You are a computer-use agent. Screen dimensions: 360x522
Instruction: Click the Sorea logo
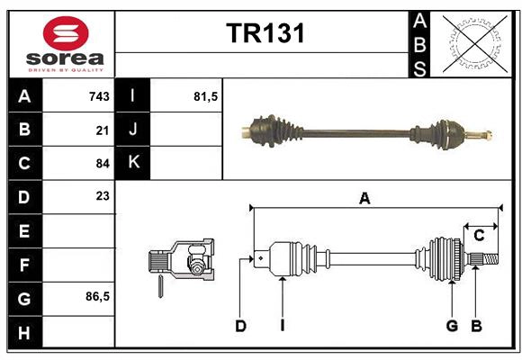coord(66,44)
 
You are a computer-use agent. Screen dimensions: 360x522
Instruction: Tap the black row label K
coord(134,163)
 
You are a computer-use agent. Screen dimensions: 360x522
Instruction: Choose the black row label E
coord(24,231)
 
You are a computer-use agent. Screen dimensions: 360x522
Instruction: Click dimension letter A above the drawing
coord(364,199)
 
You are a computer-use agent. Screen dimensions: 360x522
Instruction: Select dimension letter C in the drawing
coord(479,235)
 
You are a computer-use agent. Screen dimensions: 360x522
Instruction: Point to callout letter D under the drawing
coord(241,326)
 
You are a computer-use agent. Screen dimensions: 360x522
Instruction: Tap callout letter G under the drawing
coord(452,326)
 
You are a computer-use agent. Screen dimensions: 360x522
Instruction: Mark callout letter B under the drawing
coord(477,326)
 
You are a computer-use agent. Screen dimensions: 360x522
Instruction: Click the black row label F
coord(24,265)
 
